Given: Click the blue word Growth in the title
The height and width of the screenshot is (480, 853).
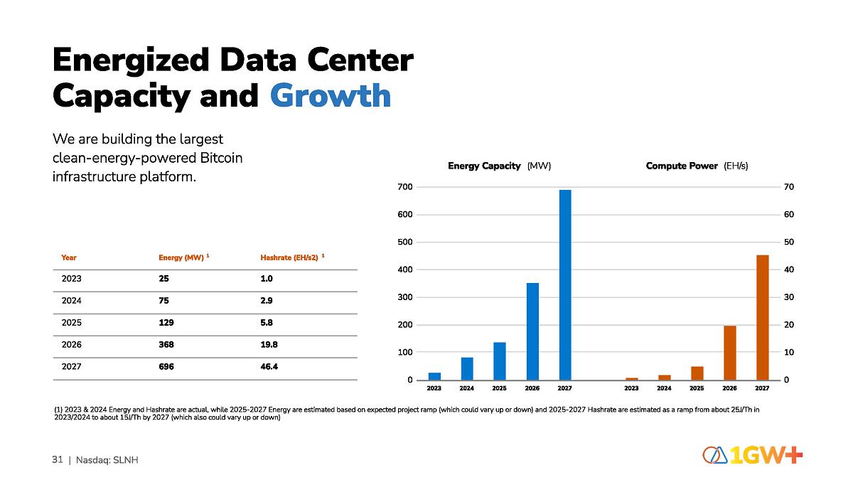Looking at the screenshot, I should click(331, 96).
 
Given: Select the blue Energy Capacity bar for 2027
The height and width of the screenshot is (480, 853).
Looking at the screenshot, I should click(565, 284).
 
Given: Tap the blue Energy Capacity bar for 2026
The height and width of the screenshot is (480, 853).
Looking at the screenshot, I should click(532, 331).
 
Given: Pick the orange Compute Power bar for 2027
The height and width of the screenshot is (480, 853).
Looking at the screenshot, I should click(762, 317).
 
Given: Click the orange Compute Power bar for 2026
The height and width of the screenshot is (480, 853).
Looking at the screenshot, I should click(729, 353).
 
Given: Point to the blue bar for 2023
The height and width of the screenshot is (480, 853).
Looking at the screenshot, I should click(434, 376).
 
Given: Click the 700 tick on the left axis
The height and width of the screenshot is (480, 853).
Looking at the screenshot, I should click(405, 187).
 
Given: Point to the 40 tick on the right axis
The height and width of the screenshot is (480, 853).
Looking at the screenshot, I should click(790, 270).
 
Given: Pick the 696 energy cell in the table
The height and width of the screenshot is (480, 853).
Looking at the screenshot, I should click(166, 366).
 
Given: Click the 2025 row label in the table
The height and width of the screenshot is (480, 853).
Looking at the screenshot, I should click(72, 322).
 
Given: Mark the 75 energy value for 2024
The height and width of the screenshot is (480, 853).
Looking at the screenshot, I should click(163, 300).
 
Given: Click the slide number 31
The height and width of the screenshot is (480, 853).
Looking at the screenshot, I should click(58, 459).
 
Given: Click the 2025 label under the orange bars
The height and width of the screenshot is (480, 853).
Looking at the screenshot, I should click(697, 388).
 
